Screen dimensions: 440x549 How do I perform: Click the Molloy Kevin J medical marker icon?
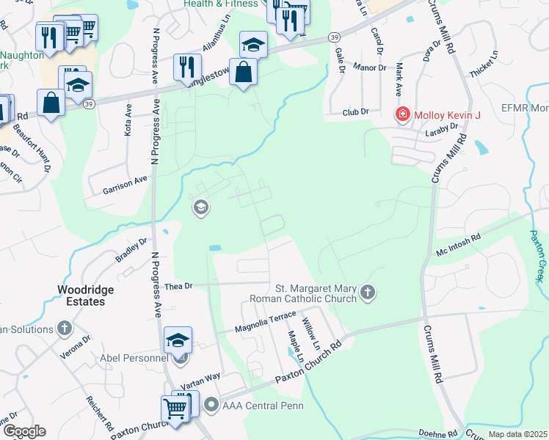[402, 114]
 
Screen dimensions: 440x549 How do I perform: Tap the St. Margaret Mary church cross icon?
[368, 293]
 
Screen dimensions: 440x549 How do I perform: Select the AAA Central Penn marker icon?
[211, 404]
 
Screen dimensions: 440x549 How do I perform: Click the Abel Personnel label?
[136, 359]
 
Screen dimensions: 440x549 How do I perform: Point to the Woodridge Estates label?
[86, 296]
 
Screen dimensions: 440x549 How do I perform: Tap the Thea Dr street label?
[178, 286]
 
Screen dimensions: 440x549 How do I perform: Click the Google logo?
[24, 431]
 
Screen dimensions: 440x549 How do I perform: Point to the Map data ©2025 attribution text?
[517, 434]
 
